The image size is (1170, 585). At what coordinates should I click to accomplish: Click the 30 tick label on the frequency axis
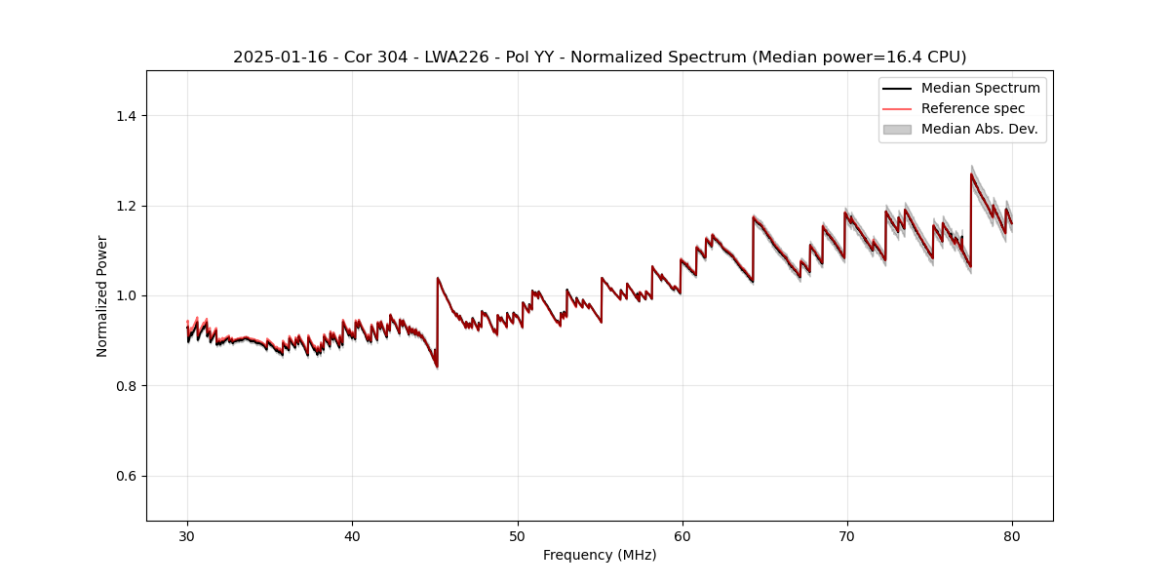pos(187,535)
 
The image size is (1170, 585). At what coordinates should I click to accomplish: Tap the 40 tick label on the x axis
pos(352,535)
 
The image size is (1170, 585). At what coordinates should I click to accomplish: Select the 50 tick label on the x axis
pos(518,535)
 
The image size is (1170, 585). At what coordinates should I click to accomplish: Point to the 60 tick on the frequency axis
pos(682,535)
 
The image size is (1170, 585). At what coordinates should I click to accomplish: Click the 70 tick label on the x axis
pos(847,535)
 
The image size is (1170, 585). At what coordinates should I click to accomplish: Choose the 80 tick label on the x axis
pos(1012,535)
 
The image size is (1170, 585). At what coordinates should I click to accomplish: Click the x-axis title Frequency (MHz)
pos(600,555)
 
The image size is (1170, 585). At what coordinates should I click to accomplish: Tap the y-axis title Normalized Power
pos(102,295)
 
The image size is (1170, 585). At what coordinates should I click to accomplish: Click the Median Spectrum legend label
pos(980,88)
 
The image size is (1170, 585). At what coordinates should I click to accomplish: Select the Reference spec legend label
pos(973,108)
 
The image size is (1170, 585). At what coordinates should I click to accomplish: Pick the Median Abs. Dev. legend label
pos(979,129)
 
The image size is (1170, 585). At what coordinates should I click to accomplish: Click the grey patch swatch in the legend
pos(897,129)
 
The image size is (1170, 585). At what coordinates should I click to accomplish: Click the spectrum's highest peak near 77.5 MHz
pos(971,175)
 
